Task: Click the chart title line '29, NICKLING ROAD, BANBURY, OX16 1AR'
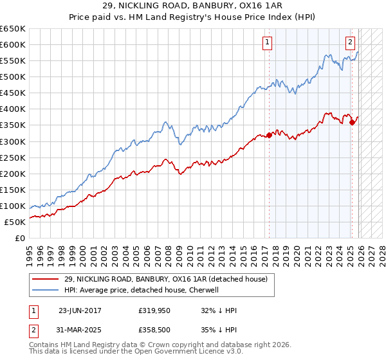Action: (x=193, y=7)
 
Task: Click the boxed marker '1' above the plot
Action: (x=266, y=43)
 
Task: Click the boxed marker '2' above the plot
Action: (x=350, y=43)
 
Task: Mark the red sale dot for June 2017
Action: (x=269, y=134)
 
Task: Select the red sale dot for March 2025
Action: (x=353, y=122)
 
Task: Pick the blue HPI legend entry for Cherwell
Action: (x=142, y=290)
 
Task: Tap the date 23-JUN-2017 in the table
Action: (x=80, y=310)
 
